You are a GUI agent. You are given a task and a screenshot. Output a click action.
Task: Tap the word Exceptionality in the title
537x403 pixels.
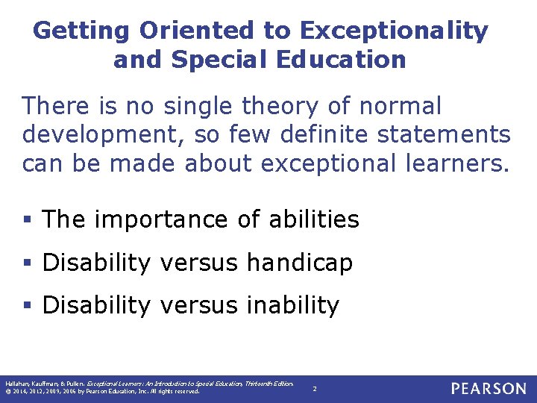(394, 31)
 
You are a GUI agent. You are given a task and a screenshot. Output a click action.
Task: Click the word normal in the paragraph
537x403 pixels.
(401, 107)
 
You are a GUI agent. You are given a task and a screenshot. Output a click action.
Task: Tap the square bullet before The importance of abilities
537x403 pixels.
(27, 221)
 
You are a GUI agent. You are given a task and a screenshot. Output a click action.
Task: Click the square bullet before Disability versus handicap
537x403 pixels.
(27, 263)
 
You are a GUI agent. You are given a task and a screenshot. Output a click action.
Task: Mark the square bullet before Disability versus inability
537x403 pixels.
(27, 306)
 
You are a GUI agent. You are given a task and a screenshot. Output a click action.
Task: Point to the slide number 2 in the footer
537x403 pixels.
(315, 389)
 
